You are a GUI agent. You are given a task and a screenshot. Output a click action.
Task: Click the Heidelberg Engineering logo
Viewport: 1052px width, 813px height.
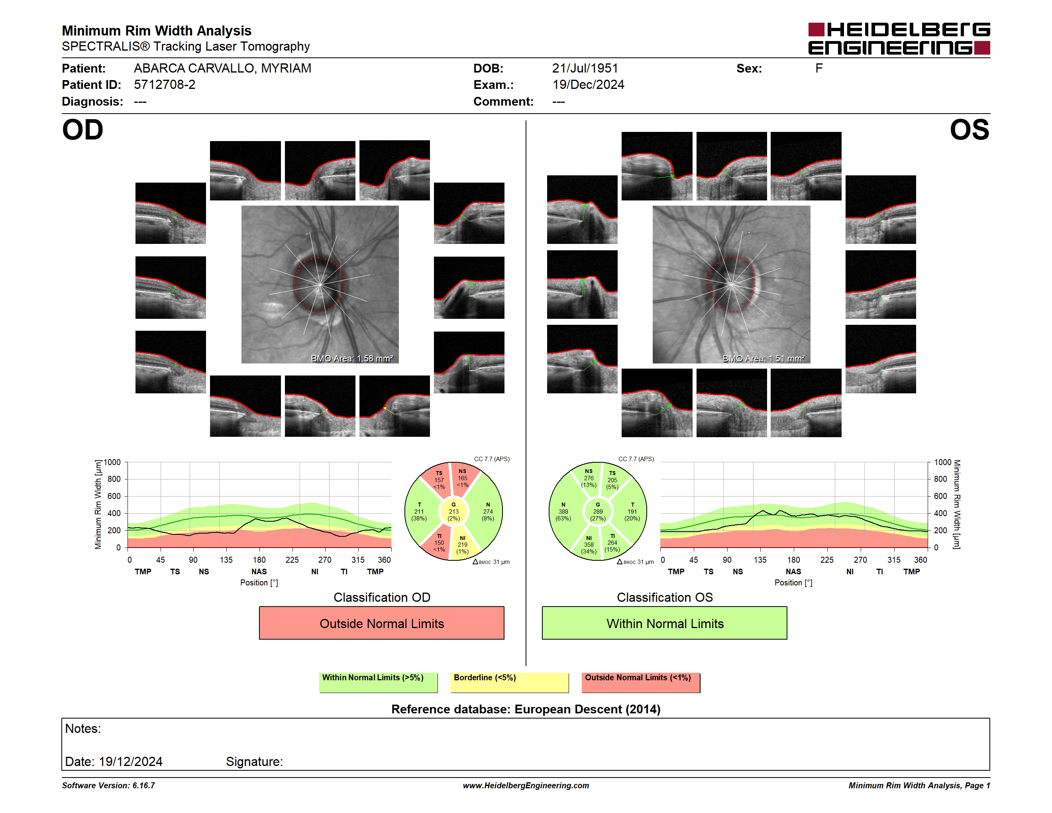[899, 39]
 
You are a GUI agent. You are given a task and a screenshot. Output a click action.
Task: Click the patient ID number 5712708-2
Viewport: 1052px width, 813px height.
[165, 85]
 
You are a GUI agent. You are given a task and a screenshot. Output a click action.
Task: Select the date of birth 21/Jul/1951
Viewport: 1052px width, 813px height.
[585, 69]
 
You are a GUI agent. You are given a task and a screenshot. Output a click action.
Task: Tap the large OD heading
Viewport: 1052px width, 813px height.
[83, 130]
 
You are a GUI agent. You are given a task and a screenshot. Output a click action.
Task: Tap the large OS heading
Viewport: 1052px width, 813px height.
[969, 130]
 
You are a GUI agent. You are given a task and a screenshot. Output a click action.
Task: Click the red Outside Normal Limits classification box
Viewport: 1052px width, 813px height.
[381, 623]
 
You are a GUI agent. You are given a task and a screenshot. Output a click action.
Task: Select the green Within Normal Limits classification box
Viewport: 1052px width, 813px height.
[665, 623]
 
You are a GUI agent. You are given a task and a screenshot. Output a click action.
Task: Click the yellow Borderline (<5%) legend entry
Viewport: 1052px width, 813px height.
[510, 682]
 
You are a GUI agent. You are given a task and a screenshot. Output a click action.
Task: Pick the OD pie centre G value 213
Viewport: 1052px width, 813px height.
[453, 511]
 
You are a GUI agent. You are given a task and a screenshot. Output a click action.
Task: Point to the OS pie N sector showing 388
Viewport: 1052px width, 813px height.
[563, 511]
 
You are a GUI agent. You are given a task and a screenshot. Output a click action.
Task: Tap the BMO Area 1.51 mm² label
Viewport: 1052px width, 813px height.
[763, 358]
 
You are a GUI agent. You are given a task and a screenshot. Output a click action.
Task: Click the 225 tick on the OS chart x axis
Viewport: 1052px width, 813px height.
[826, 560]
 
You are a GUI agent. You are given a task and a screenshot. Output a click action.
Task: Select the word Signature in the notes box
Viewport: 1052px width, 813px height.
[254, 762]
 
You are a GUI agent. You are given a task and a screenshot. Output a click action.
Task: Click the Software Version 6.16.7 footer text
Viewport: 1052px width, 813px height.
[108, 786]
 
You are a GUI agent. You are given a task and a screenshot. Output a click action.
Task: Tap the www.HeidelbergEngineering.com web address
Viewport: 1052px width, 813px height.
[526, 786]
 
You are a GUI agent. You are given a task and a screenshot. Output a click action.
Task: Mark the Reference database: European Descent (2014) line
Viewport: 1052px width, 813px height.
[526, 709]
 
